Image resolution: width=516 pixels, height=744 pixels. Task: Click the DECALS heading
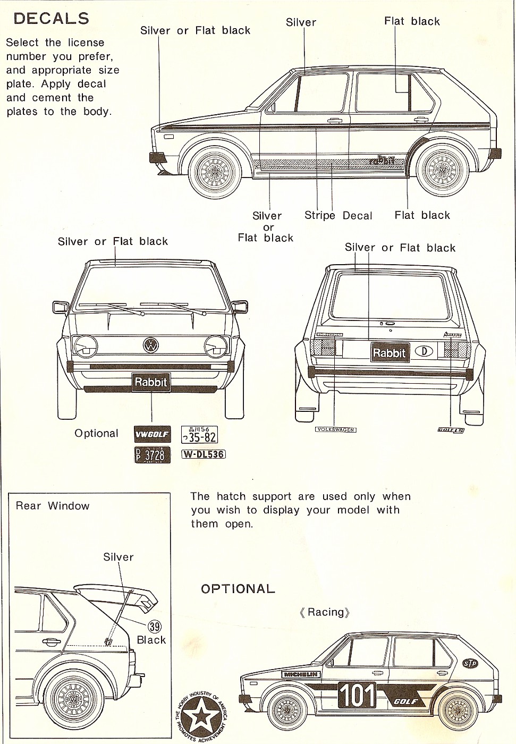[51, 19]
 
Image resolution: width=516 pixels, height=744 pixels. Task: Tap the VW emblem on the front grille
[151, 345]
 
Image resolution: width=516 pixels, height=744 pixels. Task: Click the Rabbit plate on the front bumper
[151, 382]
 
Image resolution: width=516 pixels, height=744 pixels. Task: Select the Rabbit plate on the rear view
[390, 352]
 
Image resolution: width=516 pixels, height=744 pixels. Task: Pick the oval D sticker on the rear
[424, 351]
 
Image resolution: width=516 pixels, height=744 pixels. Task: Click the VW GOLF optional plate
[152, 434]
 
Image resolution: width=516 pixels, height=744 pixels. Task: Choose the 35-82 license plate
[199, 434]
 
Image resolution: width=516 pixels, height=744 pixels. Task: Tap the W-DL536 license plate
[204, 454]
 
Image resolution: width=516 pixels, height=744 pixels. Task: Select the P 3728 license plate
[153, 455]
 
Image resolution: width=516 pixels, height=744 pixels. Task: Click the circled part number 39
[154, 627]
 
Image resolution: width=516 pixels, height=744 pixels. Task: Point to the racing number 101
[357, 695]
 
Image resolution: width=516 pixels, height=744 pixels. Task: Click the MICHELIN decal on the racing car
[301, 674]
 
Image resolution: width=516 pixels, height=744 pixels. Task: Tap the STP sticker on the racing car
[470, 663]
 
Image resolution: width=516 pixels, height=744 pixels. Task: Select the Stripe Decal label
[338, 216]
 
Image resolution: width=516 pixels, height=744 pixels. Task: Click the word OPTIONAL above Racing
[238, 589]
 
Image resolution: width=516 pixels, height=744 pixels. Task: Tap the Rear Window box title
[53, 506]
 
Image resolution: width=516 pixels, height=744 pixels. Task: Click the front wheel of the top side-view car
[215, 172]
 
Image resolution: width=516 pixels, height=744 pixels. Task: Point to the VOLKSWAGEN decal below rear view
[335, 429]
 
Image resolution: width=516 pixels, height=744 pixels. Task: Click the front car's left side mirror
[60, 307]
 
